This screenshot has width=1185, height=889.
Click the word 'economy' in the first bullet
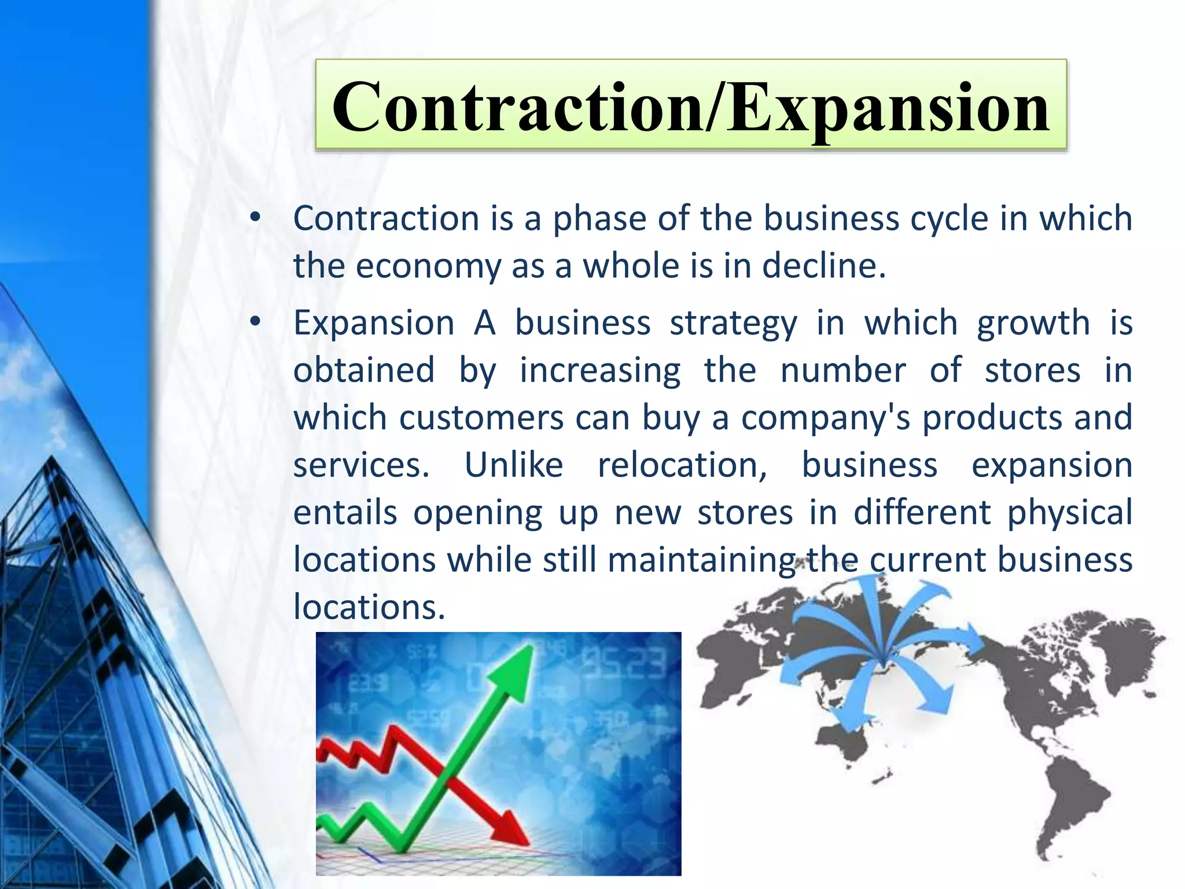pyautogui.click(x=428, y=267)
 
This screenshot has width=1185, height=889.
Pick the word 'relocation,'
pyautogui.click(x=682, y=465)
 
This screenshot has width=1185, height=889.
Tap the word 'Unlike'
pyautogui.click(x=513, y=465)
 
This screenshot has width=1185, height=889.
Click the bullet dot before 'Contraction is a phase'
pyautogui.click(x=255, y=219)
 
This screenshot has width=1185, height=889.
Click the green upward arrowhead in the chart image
pyautogui.click(x=517, y=666)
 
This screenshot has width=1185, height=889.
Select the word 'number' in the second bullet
pyautogui.click(x=842, y=370)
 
